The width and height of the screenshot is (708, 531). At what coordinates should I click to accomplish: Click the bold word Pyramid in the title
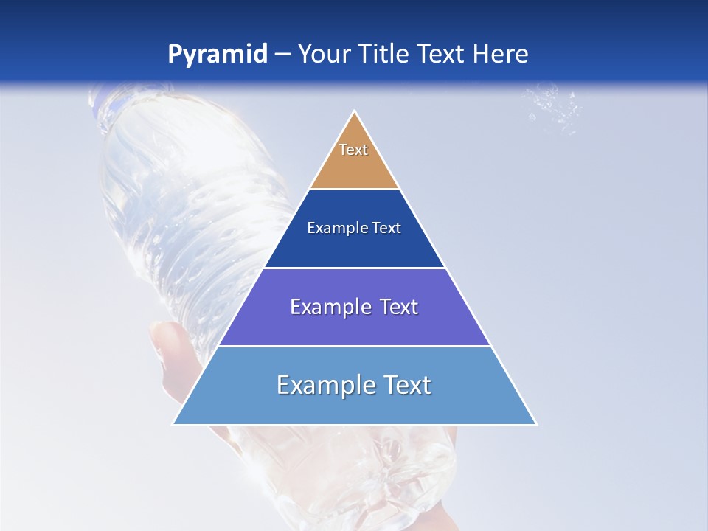click(218, 54)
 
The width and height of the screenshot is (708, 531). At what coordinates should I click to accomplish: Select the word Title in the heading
click(388, 54)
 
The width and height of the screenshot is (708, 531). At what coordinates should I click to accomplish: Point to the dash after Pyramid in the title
click(282, 55)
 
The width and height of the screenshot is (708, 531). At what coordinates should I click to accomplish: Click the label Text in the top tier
click(353, 150)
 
